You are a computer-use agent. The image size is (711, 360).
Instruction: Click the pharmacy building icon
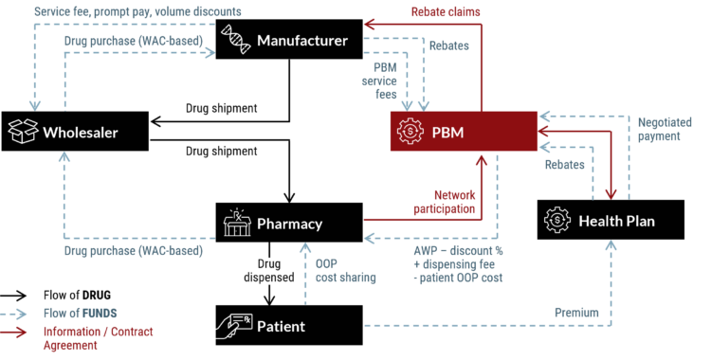pyautogui.click(x=236, y=224)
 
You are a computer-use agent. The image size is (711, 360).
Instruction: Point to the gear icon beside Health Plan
pyautogui.click(x=557, y=221)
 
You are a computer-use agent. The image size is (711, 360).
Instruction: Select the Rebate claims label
pyautogui.click(x=446, y=12)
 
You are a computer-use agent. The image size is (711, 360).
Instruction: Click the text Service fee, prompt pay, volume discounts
pyautogui.click(x=137, y=11)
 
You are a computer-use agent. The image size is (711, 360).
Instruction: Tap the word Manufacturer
pyautogui.click(x=302, y=42)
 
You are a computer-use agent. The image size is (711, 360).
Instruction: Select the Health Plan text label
pyautogui.click(x=616, y=222)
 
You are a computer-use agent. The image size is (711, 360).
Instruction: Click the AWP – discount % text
pyautogui.click(x=458, y=251)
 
